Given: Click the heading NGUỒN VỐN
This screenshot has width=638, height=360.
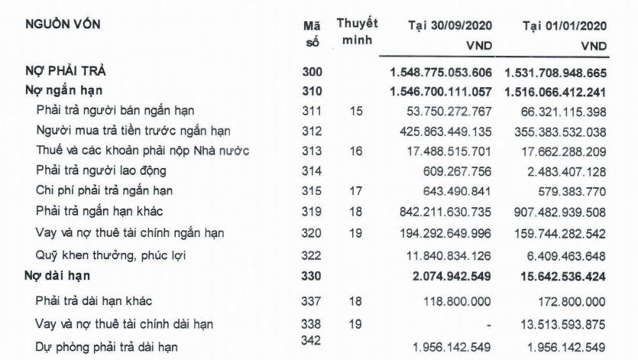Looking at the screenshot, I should (x=63, y=24).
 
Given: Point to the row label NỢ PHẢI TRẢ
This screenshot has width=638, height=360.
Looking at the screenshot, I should (x=64, y=72).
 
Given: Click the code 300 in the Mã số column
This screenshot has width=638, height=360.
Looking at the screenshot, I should (x=313, y=73).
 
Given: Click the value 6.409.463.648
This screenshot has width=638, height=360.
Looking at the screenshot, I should (x=565, y=256).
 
